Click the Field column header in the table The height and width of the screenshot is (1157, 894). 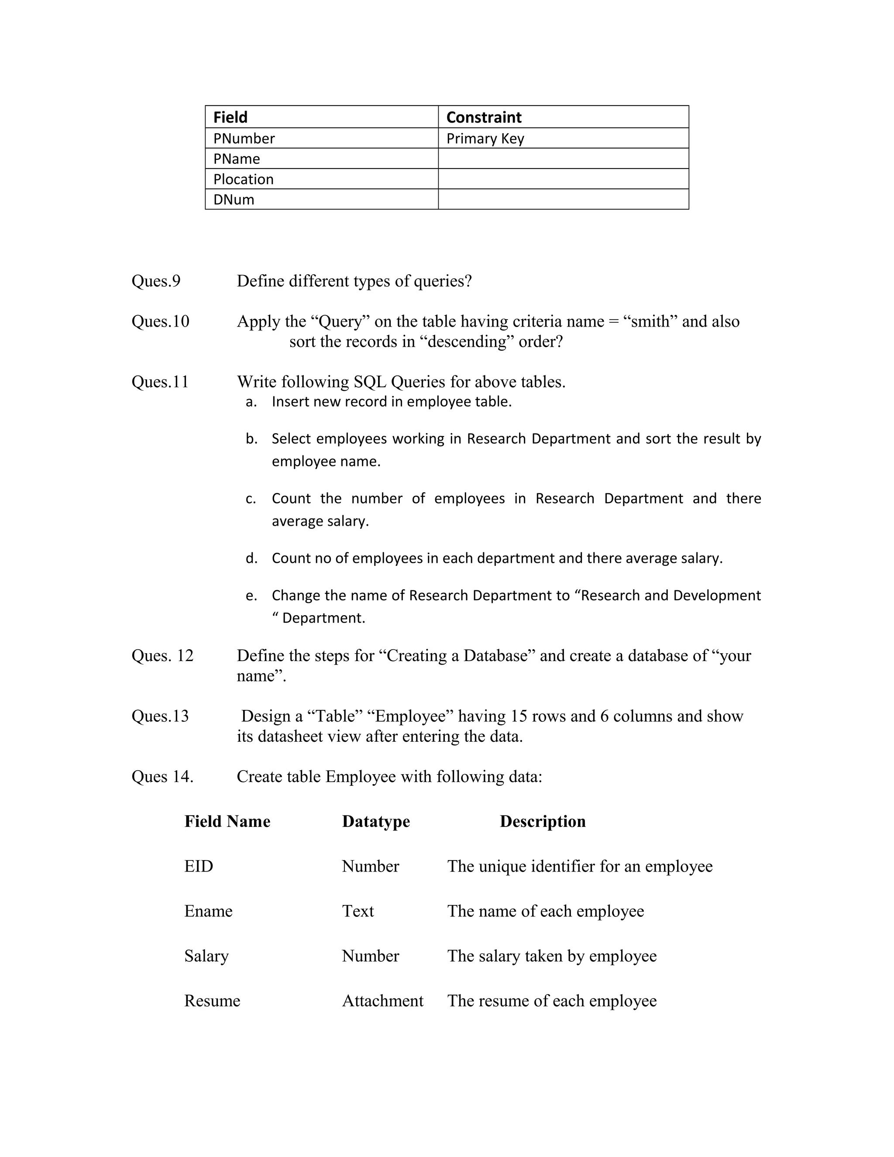click(x=230, y=117)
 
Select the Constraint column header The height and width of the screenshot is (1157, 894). click(x=484, y=117)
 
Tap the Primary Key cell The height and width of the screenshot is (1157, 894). click(x=485, y=138)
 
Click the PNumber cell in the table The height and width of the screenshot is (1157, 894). click(x=244, y=138)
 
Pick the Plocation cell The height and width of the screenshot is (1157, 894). click(x=243, y=179)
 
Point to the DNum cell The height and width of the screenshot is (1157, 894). click(x=234, y=200)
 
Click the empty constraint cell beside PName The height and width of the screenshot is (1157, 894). click(x=563, y=159)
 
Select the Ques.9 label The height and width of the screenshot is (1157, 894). click(x=156, y=281)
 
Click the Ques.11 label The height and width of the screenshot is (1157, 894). click(x=160, y=382)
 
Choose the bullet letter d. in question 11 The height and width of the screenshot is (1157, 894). click(x=251, y=558)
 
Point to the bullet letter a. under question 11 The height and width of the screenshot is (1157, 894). click(x=251, y=402)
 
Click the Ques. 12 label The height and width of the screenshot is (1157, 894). click(x=162, y=656)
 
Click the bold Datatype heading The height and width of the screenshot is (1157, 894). click(x=375, y=822)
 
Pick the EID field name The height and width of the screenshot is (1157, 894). click(x=199, y=866)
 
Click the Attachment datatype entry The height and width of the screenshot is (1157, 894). click(x=382, y=1001)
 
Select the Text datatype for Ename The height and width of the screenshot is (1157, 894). click(x=358, y=911)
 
